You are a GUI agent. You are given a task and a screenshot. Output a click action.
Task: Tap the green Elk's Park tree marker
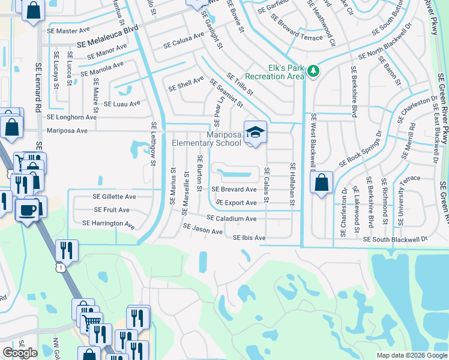[x=312, y=71]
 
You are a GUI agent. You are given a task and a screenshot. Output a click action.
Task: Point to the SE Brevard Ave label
[x=234, y=190]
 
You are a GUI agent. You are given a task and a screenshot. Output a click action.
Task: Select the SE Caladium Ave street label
[x=232, y=219]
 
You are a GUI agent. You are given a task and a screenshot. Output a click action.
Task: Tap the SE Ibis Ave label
[x=249, y=238]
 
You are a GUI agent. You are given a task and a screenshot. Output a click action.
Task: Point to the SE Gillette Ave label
[x=114, y=196]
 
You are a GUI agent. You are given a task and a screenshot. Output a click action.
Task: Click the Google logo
[x=20, y=353]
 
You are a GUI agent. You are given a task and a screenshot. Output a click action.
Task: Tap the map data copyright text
[x=411, y=355]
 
